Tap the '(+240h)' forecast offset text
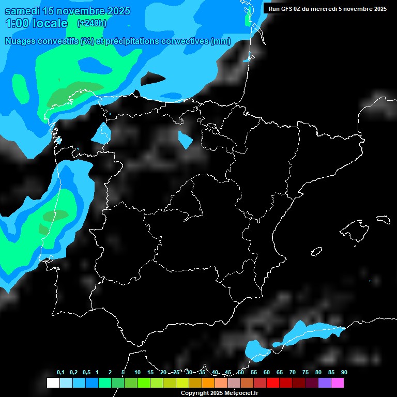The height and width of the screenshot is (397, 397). (91, 23)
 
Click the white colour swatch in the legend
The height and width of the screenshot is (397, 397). (53, 383)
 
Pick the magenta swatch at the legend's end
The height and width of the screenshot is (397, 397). (338, 383)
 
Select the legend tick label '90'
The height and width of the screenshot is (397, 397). (344, 373)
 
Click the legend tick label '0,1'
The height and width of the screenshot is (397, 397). (60, 373)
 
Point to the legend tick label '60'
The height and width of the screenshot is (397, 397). (267, 373)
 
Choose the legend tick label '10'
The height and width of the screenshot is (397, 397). (137, 373)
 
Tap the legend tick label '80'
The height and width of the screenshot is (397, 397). (318, 373)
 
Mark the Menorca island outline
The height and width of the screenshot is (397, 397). (383, 219)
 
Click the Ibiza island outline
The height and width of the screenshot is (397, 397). (316, 252)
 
